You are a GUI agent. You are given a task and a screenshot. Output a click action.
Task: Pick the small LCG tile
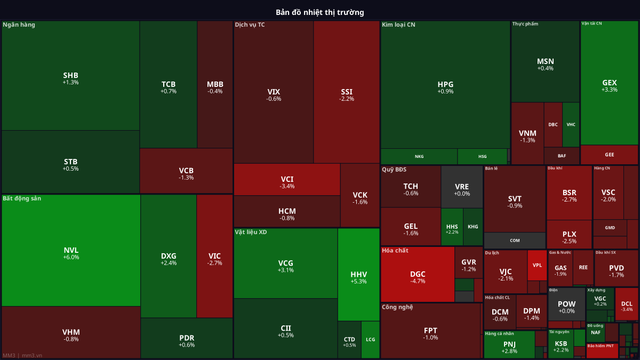370,339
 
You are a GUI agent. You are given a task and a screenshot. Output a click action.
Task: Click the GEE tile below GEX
609,155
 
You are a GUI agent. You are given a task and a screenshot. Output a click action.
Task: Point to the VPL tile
537,265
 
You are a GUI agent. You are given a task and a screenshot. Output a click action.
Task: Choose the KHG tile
473,227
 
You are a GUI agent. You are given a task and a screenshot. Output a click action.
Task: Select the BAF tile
562,156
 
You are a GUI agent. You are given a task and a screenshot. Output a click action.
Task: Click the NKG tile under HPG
419,156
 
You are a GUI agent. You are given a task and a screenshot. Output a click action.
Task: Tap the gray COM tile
515,241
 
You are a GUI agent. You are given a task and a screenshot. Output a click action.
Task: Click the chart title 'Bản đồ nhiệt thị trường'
320,12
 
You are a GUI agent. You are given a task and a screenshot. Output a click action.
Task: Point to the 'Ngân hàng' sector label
19,25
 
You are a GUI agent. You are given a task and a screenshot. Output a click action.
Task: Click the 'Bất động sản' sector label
22,198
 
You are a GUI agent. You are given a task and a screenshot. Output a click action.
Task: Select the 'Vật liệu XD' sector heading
251,232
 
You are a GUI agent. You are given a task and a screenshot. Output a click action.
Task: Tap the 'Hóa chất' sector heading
395,250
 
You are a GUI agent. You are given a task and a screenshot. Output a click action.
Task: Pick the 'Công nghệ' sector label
397,307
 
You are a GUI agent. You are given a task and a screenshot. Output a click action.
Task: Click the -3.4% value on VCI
287,186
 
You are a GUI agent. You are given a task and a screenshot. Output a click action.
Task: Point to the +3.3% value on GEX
609,90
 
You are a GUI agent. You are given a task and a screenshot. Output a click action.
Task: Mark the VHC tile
571,125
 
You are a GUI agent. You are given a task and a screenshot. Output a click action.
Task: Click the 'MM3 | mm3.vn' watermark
22,355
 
